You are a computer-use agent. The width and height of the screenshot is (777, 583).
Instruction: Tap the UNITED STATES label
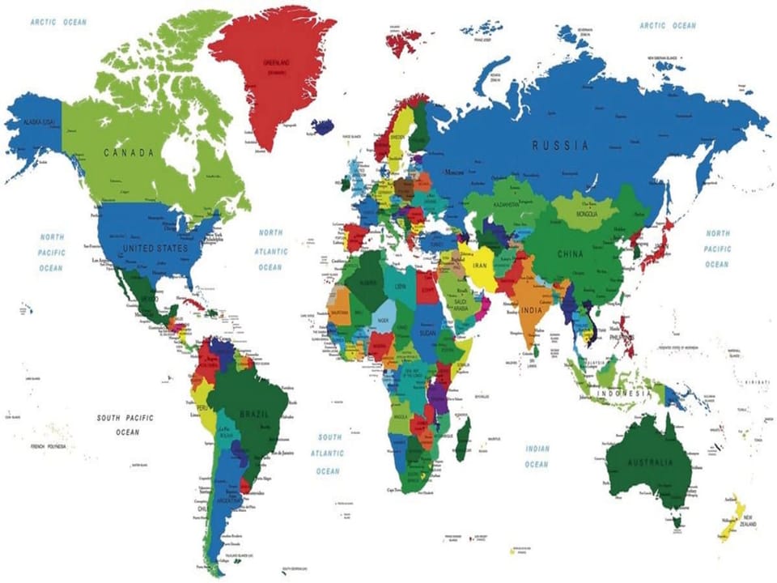155,248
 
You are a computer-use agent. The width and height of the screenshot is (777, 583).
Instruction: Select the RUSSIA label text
560,147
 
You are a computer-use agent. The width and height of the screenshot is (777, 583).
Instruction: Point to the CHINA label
571,254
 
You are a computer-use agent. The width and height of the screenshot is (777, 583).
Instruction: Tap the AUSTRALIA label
651,463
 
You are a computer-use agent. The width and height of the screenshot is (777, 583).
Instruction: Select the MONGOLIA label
587,215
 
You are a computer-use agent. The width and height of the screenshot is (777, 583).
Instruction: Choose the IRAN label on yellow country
479,265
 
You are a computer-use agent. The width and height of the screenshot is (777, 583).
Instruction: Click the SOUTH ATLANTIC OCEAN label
329,453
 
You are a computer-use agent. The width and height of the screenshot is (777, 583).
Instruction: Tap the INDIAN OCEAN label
537,457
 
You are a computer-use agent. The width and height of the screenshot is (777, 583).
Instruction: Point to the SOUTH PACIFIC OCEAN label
126,425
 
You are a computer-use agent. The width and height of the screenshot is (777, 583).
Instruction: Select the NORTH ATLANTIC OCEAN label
271,249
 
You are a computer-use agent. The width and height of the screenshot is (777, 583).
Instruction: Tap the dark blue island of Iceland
323,126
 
